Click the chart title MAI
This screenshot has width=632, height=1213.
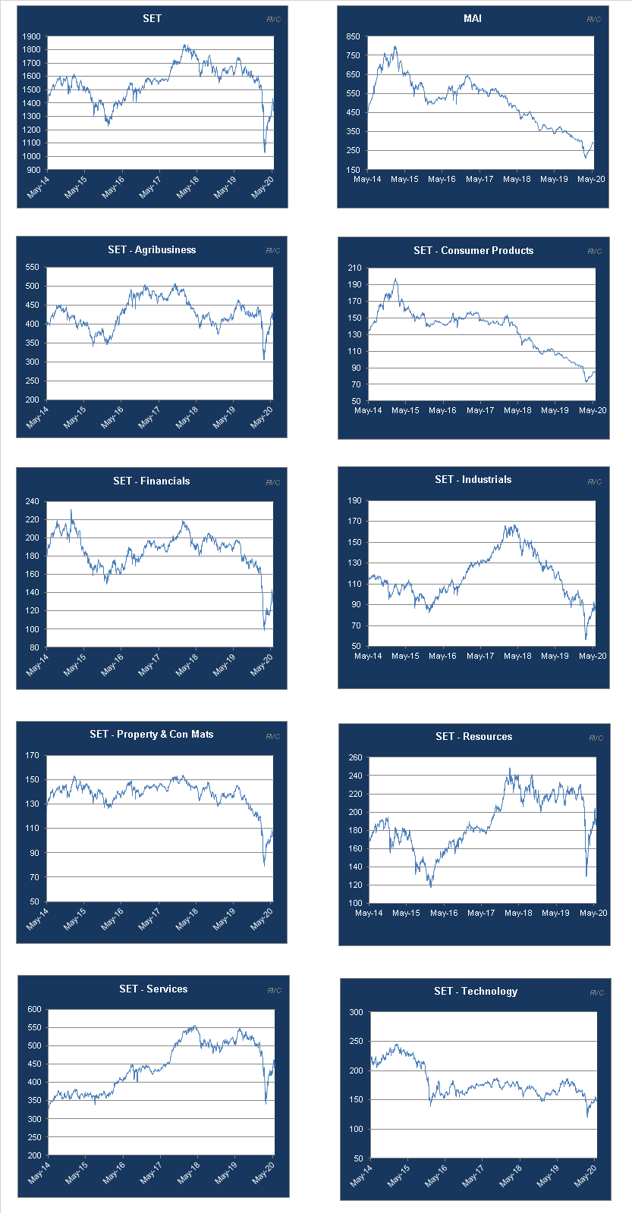point(472,18)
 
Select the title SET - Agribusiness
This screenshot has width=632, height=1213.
point(152,249)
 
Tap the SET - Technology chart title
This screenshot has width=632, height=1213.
point(476,991)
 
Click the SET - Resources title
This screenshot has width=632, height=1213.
point(473,736)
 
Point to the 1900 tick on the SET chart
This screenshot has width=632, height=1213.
point(32,36)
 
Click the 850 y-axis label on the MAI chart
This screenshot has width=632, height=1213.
point(353,36)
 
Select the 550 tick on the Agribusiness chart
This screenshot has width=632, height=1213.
point(32,267)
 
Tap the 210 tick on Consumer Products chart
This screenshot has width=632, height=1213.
point(354,268)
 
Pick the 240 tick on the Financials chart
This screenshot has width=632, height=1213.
point(32,501)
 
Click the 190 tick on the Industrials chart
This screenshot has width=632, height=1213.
point(354,500)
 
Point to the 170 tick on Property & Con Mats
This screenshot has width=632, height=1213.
point(32,755)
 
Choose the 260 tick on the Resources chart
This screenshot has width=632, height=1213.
point(354,757)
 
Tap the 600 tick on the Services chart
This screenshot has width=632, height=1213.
point(34,1009)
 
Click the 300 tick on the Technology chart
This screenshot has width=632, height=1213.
point(356,1012)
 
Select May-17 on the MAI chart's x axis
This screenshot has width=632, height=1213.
point(480,180)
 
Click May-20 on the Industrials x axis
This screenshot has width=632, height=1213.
point(592,656)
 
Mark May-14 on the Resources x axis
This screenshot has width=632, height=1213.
point(369,913)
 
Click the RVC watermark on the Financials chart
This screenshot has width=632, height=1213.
point(272,483)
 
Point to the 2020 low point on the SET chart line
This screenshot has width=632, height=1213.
point(265,152)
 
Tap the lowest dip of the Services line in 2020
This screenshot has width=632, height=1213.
point(266,1103)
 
